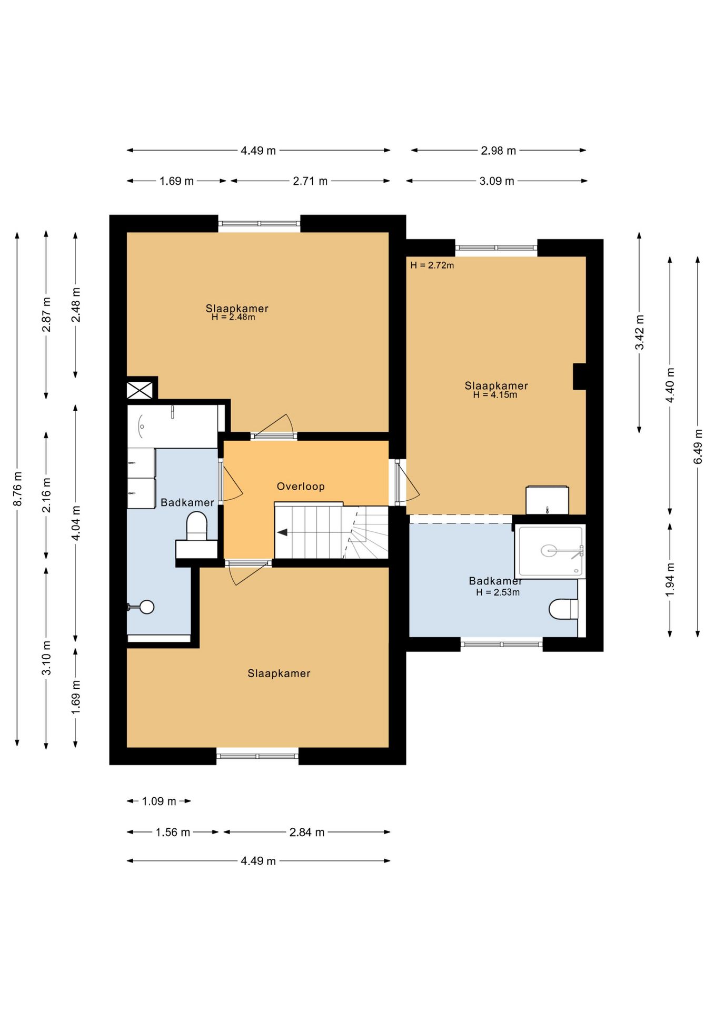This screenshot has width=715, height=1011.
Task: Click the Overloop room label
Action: [x=301, y=487]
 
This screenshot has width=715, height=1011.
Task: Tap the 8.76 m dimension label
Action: [x=17, y=489]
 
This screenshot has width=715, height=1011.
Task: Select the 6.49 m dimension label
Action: [x=698, y=447]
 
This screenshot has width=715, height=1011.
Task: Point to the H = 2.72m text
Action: [x=432, y=265]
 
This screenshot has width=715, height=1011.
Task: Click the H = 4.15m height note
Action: [x=495, y=395]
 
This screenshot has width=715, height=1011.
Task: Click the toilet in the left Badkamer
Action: [x=197, y=526]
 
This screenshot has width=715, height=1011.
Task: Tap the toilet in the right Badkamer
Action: [x=563, y=609]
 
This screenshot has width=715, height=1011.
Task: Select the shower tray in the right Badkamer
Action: [x=550, y=551]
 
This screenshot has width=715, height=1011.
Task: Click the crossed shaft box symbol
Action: [x=140, y=391]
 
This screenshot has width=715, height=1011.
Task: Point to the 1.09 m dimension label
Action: [x=159, y=801]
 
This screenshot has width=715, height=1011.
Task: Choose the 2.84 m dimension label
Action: [x=307, y=832]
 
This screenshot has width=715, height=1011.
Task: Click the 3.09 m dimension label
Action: [x=496, y=181]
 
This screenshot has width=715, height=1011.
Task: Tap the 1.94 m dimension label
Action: [x=670, y=580]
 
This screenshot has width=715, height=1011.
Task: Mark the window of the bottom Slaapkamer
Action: [x=257, y=756]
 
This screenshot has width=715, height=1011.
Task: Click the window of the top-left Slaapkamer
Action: [x=259, y=224]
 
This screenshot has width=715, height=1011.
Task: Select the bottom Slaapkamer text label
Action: [x=279, y=673]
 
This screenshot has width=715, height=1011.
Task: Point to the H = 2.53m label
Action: [x=498, y=592]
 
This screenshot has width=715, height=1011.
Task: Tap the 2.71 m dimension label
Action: [x=310, y=181]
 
